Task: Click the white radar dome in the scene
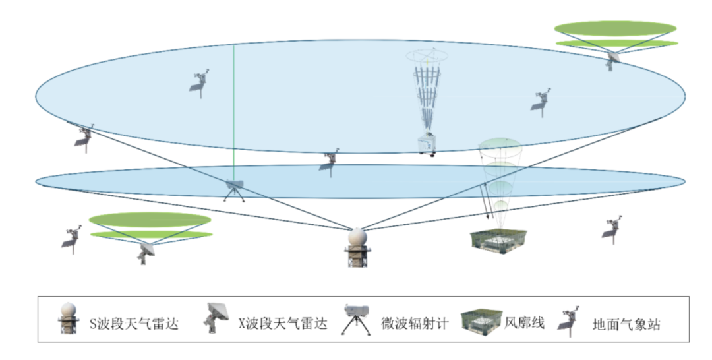pyautogui.click(x=357, y=238)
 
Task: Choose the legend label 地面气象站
pyautogui.click(x=626, y=324)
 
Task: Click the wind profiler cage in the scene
pyautogui.click(x=498, y=240)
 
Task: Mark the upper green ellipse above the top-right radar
pyautogui.click(x=615, y=28)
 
